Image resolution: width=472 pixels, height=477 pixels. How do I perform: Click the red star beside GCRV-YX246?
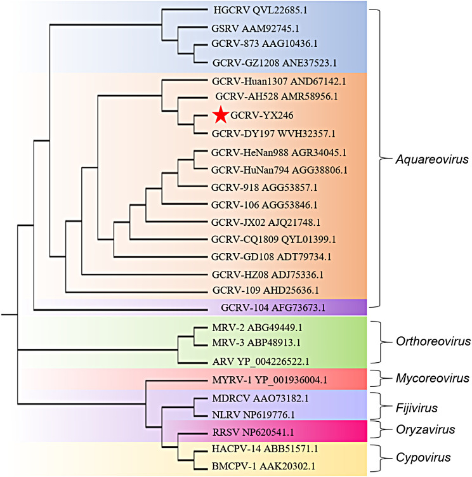[220, 115]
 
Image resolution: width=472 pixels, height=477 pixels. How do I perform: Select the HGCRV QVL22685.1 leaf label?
[265, 11]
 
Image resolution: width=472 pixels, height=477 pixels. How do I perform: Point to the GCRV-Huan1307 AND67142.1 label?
[275, 81]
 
